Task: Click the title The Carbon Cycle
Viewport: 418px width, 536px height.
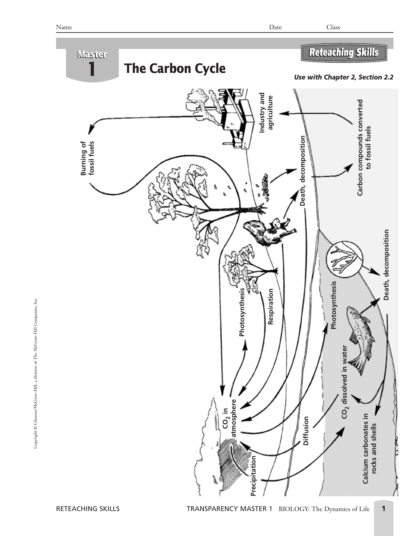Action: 175,69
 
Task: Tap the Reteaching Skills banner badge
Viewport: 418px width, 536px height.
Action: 344,53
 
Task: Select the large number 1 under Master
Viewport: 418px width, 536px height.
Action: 92,69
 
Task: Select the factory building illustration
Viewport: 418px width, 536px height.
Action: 234,118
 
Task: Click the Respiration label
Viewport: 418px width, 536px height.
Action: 270,306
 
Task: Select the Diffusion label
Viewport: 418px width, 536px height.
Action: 306,431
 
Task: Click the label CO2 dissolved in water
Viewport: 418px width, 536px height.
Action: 345,382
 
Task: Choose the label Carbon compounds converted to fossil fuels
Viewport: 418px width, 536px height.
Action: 364,148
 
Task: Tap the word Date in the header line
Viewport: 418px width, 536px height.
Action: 275,27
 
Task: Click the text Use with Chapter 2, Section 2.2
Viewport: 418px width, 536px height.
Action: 343,77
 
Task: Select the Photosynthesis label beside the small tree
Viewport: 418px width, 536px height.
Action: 242,312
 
